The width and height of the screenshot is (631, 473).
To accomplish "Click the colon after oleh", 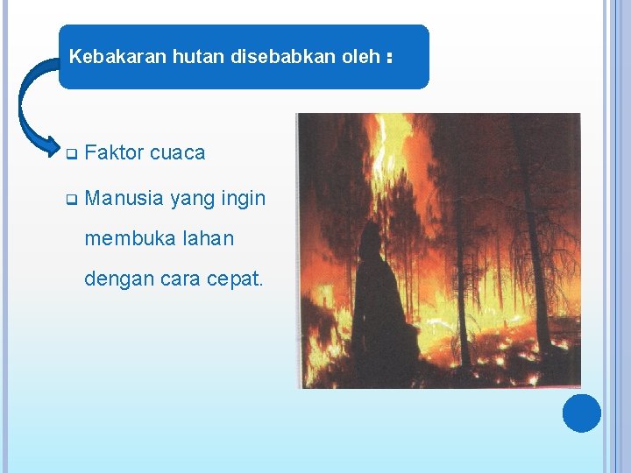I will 387,58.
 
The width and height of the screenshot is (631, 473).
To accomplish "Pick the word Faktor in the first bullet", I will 115,152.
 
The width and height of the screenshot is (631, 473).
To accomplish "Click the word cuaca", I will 178,152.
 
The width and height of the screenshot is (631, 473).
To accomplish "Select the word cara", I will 178,279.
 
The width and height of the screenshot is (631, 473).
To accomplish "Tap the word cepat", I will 234,279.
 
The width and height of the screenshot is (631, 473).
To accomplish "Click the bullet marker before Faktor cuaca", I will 72,153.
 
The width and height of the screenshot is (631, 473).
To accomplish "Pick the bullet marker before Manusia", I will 72,200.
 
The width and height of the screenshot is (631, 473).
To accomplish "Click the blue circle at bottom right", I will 582,413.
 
